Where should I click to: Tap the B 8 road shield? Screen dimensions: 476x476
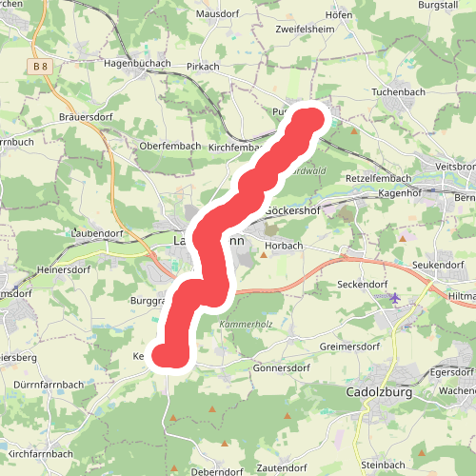(x=39, y=67)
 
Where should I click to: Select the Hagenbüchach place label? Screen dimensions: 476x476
(x=136, y=63)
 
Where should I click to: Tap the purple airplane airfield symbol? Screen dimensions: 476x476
(x=395, y=298)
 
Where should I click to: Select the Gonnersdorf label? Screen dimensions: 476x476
(x=283, y=367)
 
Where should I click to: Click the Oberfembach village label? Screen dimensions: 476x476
(x=169, y=146)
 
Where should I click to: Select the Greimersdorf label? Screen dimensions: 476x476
(x=350, y=347)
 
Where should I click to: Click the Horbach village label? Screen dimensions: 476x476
(x=285, y=245)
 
